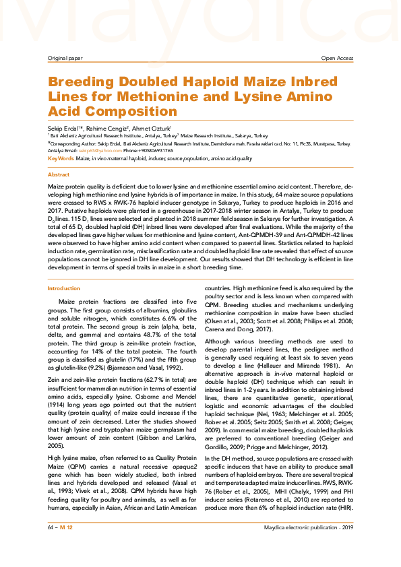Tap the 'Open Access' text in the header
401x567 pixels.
pyautogui.click(x=337, y=59)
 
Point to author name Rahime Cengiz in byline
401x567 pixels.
pyautogui.click(x=98, y=128)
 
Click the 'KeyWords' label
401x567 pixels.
pyautogui.click(x=61, y=158)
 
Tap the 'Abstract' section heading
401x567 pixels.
pyautogui.click(x=58, y=174)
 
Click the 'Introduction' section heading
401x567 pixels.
pyautogui.click(x=63, y=288)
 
